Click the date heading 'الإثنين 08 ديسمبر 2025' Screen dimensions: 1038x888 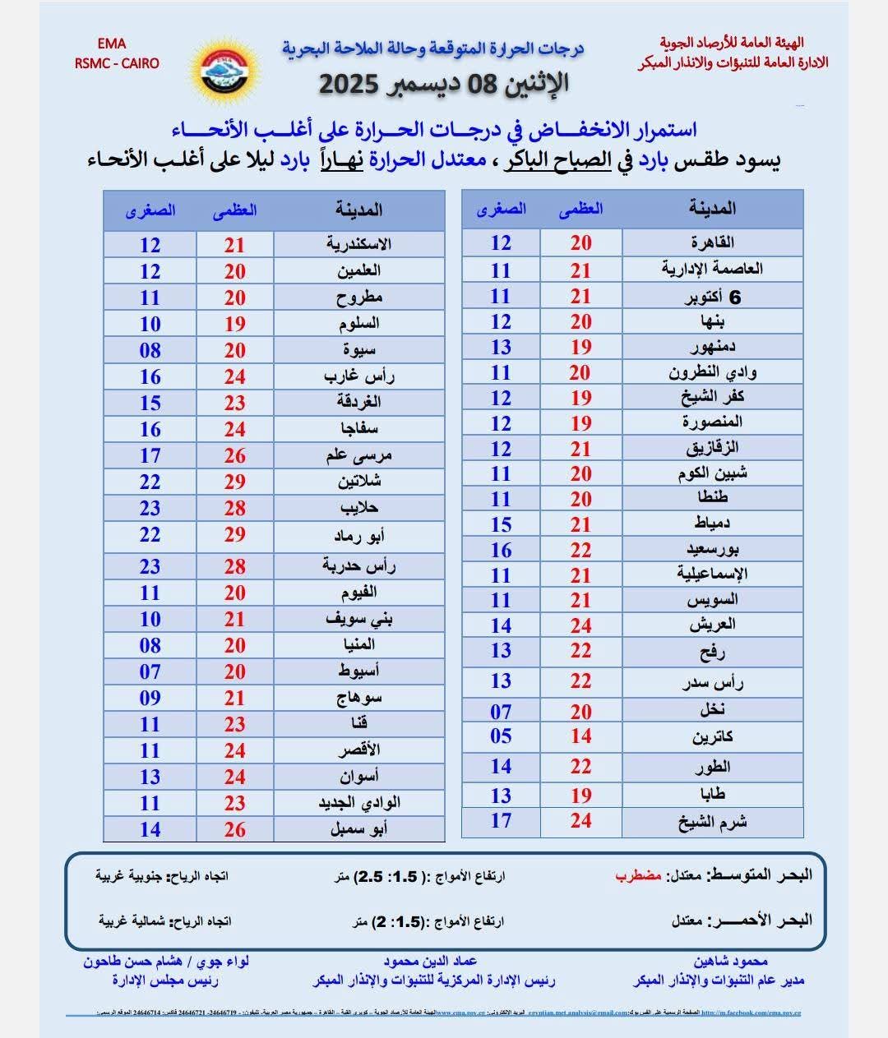tap(443, 84)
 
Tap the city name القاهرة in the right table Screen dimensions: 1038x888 tap(712, 242)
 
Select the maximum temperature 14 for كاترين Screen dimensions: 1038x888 tap(581, 736)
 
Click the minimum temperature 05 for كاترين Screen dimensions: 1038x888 tap(501, 736)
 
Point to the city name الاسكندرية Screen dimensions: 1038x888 tap(358, 244)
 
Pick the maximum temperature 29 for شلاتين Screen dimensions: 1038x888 tap(235, 482)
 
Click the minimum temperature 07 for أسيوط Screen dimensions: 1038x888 tap(150, 671)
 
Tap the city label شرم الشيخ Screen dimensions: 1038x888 tap(712, 821)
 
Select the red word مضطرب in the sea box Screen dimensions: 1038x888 tap(638, 875)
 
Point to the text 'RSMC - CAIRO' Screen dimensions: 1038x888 tap(117, 63)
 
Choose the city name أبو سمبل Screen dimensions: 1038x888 tap(358, 829)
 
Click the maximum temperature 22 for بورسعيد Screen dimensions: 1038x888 tap(581, 550)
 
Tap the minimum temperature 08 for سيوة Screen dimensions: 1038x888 tap(150, 350)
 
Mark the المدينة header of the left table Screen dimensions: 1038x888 tap(358, 210)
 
